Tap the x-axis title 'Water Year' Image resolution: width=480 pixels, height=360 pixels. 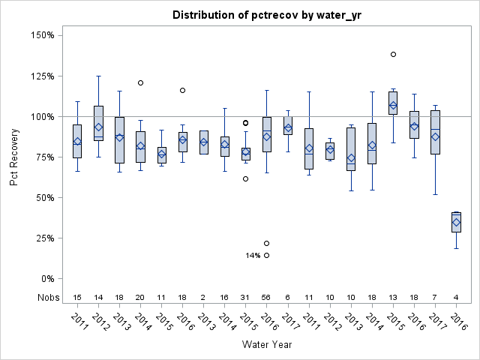[266, 345]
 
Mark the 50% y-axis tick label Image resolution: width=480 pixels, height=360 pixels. [43, 197]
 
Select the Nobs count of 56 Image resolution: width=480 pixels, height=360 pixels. [267, 297]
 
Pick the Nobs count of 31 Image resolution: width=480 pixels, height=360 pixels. [246, 297]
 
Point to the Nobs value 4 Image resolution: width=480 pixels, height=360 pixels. [456, 297]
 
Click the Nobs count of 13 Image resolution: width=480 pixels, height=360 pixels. [393, 297]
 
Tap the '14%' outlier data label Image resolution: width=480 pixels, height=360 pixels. [253, 256]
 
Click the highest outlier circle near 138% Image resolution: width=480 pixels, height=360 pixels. [393, 54]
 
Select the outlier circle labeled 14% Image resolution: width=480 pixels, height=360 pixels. [267, 255]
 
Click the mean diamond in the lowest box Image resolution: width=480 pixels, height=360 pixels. [456, 222]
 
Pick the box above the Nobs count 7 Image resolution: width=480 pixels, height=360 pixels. [435, 132]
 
